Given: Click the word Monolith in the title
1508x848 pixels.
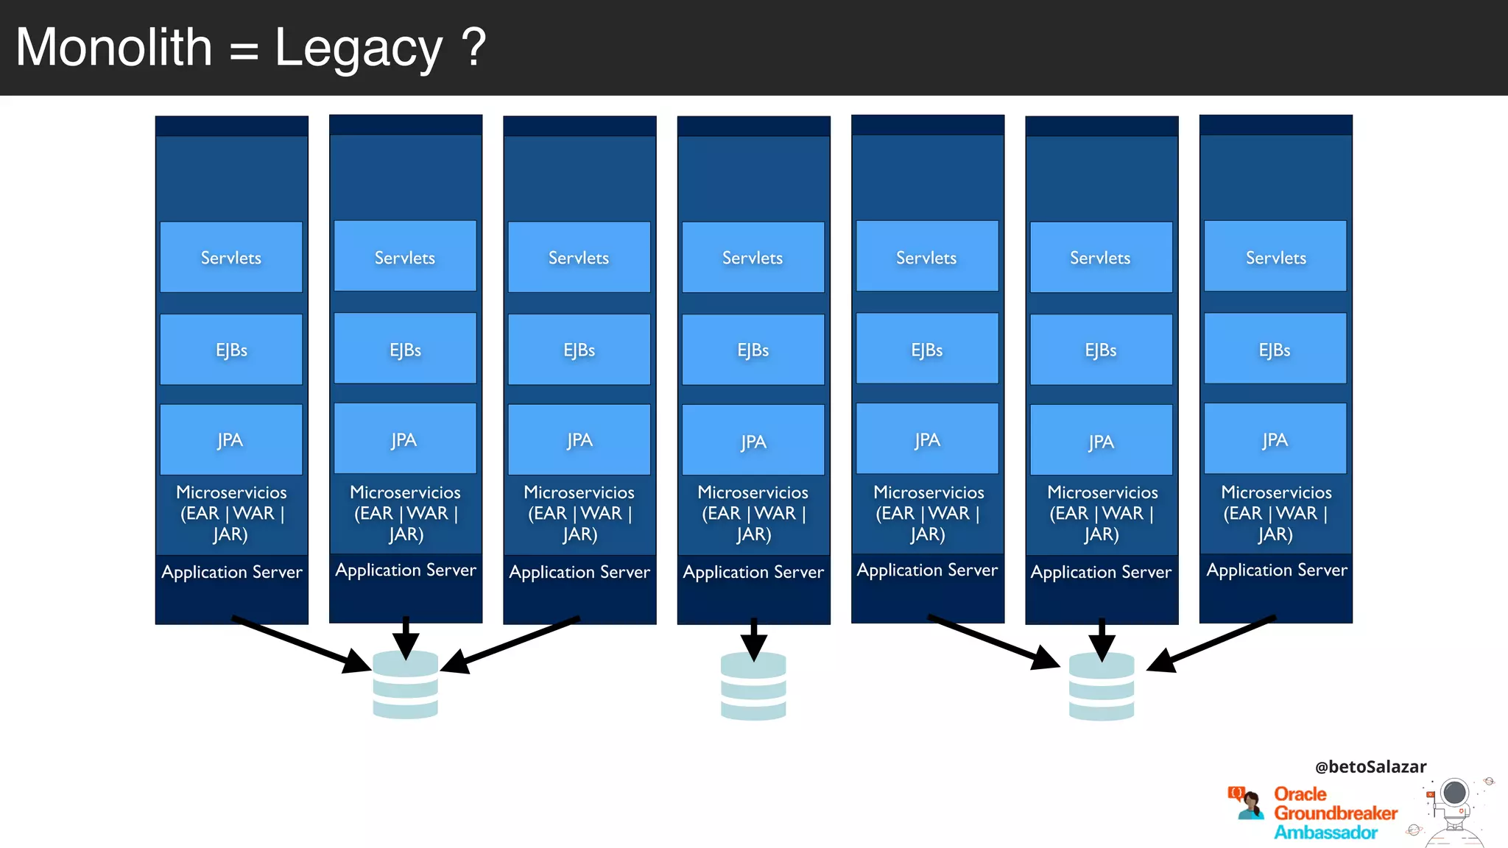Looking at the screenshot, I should (114, 48).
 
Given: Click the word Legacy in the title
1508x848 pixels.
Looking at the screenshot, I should (359, 48).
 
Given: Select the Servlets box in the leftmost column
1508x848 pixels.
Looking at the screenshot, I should (231, 257).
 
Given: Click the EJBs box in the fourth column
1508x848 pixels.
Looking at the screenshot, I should (753, 350).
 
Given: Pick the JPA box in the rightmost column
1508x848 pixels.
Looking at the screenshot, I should (1275, 439).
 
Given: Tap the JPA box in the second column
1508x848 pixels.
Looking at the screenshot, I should (405, 439).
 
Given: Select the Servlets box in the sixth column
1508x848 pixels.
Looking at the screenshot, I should (1101, 257).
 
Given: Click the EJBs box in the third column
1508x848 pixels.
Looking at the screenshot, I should (579, 350).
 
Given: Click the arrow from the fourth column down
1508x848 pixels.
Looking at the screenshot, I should (753, 637).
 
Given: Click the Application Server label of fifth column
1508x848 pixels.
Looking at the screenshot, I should (927, 570).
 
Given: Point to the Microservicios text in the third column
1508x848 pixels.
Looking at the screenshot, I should (579, 492).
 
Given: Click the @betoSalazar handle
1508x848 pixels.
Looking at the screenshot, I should (1370, 766).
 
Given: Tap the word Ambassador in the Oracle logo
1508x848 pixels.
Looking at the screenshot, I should (1325, 833).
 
